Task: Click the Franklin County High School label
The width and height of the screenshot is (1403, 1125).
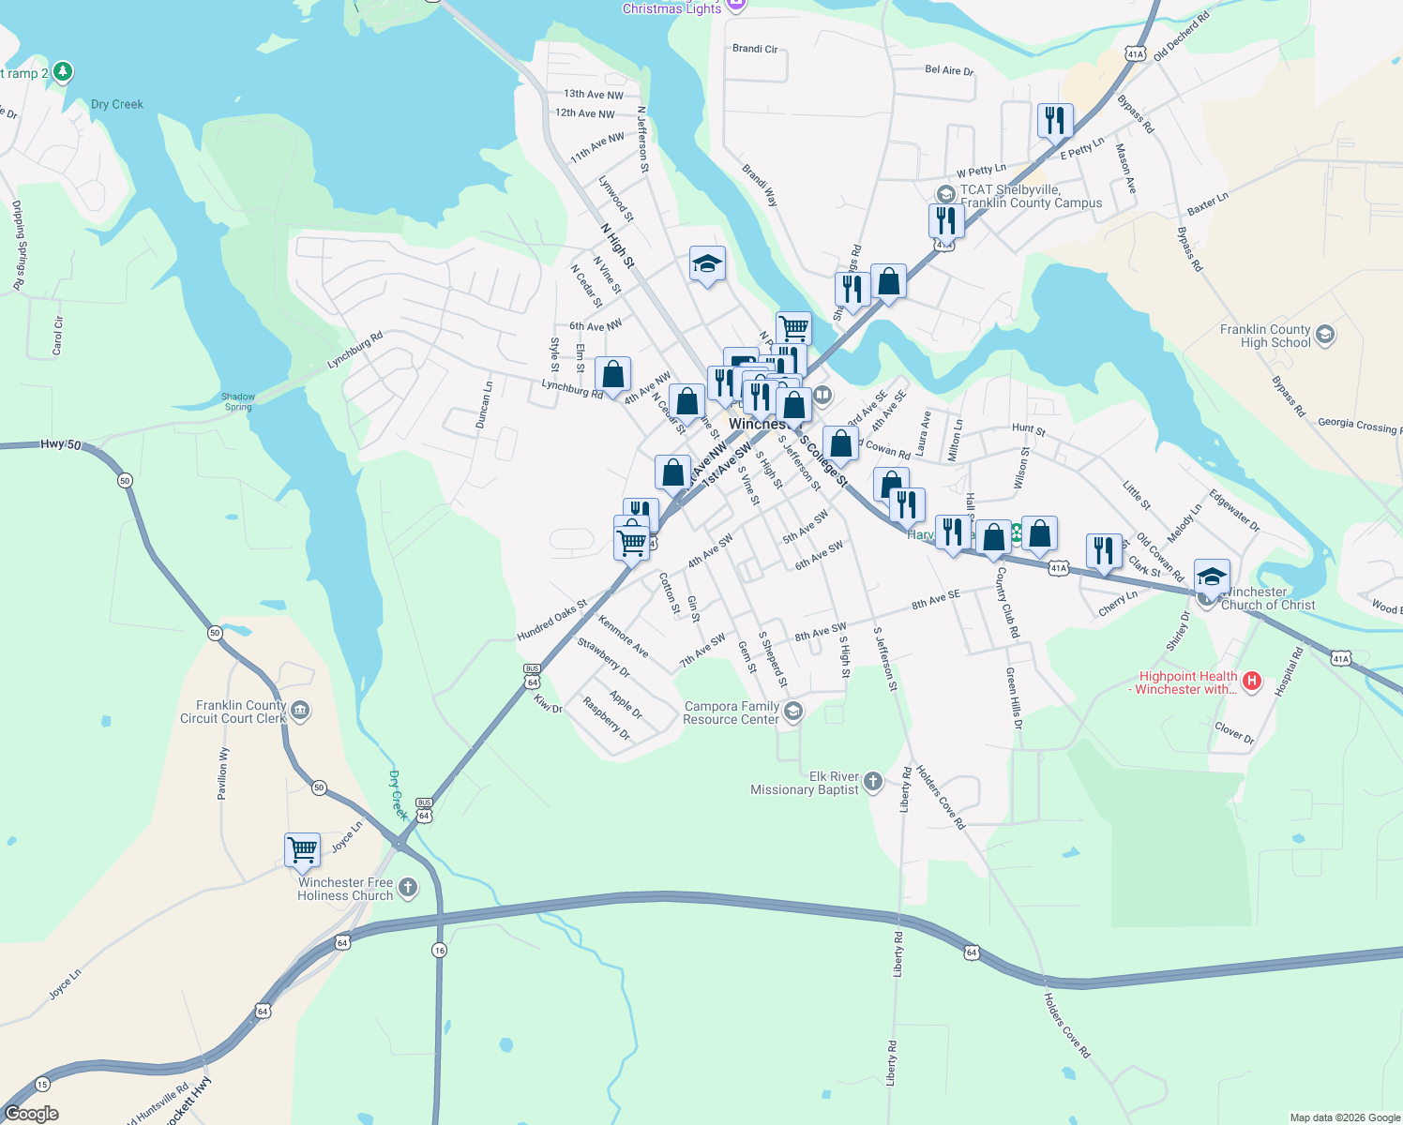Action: pos(1265,336)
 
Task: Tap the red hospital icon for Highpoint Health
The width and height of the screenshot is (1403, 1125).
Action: pos(1251,682)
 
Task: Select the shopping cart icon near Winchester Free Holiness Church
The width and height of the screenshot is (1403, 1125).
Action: pos(302,849)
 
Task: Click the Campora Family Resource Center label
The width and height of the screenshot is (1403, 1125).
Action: pos(732,712)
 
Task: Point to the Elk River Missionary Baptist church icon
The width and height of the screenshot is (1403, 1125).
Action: pos(872,782)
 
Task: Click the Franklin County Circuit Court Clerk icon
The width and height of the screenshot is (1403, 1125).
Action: pos(299,711)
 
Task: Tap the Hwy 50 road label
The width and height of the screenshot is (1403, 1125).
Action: pos(61,444)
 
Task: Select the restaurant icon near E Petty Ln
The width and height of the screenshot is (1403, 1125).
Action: pos(1055,120)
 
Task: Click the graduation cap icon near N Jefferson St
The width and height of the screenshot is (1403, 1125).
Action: pos(707,264)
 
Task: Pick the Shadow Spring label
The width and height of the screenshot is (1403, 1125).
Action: pos(238,401)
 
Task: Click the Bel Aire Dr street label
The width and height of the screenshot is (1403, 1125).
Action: pos(949,69)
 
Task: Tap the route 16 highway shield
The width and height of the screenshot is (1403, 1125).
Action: pos(439,951)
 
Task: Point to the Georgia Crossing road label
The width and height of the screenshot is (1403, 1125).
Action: pos(1356,424)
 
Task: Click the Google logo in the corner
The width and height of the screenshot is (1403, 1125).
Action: pos(32,1114)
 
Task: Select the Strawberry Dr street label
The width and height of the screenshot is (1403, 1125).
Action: pos(603,656)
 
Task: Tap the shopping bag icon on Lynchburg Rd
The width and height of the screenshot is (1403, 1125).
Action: pos(612,375)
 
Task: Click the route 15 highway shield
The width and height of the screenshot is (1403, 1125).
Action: pos(42,1085)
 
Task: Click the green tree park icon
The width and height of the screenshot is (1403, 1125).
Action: pos(63,71)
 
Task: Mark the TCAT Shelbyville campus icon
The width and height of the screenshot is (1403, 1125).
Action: pos(945,194)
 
